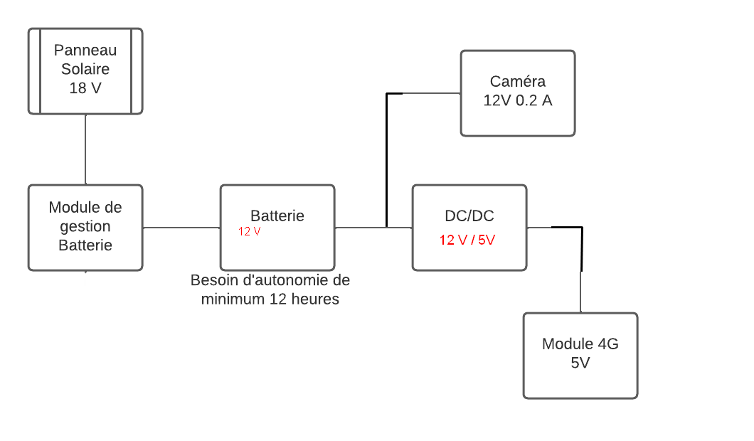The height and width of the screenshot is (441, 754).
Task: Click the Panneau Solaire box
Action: [x=85, y=70]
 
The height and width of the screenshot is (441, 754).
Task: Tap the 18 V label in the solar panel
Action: [x=85, y=89]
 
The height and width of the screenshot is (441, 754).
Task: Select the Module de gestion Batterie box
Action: [x=85, y=228]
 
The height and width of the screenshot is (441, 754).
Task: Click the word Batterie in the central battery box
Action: [x=277, y=216]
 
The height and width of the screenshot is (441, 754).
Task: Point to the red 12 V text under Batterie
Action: [x=249, y=232]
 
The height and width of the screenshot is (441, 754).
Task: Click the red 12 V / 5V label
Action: [x=467, y=240]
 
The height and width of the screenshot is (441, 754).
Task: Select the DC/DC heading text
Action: [x=469, y=216]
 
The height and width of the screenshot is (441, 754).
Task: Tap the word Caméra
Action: [x=517, y=81]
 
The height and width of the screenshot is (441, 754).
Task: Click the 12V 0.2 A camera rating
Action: [x=518, y=100]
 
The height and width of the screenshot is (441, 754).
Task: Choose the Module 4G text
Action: [x=580, y=344]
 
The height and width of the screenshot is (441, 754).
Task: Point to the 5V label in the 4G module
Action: [x=580, y=363]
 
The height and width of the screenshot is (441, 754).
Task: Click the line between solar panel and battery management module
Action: [x=85, y=149]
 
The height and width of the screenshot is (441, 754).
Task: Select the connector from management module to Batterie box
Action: [x=181, y=228]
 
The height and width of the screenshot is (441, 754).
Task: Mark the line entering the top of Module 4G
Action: [x=581, y=292]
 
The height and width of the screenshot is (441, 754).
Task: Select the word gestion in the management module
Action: [x=85, y=227]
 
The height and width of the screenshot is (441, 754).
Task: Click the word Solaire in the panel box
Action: [x=85, y=70]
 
